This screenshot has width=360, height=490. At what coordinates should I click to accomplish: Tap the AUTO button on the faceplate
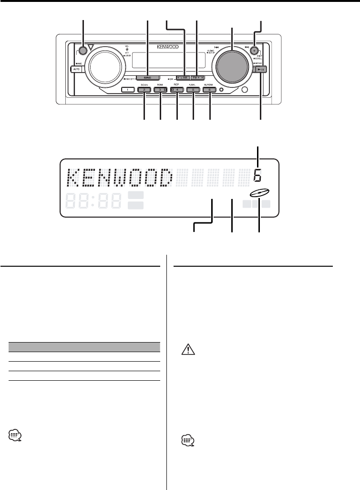[75, 70]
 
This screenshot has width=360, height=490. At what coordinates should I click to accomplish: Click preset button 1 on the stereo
[127, 90]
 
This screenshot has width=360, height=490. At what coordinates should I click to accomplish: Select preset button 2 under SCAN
[144, 90]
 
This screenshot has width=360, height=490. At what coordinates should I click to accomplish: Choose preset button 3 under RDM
[161, 90]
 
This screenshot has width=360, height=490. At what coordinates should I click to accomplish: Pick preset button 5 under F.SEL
[194, 90]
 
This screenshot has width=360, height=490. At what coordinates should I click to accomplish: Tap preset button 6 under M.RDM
[210, 90]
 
